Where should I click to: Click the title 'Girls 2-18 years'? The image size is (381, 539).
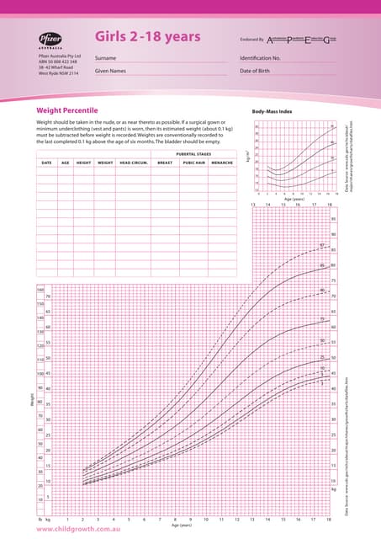click(147, 36)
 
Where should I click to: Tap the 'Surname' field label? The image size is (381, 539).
click(105, 57)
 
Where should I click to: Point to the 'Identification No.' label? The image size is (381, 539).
click(260, 57)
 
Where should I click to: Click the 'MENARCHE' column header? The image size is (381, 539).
click(223, 162)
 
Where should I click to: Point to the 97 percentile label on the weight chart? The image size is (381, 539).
click(322, 245)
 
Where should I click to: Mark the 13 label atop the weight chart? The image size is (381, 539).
click(252, 205)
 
